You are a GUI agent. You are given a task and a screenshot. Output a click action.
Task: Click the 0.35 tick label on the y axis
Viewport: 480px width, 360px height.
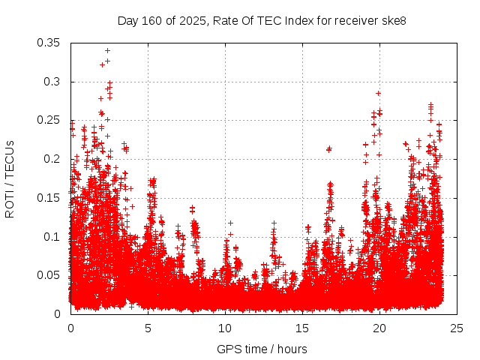[49, 43]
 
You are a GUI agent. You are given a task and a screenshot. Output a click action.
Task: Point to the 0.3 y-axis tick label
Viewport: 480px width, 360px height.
[52, 82]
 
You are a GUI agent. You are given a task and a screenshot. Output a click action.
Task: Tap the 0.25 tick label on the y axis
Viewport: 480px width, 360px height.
[49, 120]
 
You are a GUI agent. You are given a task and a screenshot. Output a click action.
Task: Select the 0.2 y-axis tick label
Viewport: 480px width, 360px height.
[52, 159]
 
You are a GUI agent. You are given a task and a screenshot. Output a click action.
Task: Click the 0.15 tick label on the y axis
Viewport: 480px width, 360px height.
[49, 198]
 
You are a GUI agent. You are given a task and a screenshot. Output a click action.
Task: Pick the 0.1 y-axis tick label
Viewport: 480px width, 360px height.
[52, 236]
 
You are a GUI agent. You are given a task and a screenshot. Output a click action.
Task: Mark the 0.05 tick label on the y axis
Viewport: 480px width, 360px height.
[49, 275]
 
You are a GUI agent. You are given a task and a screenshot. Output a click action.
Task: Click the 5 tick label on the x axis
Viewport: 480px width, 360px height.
[148, 328]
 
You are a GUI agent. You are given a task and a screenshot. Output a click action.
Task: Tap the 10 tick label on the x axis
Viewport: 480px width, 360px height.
[225, 328]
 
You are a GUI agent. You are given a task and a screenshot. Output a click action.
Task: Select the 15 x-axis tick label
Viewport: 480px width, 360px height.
[302, 328]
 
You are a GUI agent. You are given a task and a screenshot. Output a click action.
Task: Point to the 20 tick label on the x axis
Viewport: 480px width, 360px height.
[379, 328]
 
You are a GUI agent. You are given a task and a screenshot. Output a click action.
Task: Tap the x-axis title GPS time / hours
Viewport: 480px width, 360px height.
[262, 349]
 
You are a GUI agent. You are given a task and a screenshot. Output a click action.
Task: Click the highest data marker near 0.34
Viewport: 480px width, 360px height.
[108, 51]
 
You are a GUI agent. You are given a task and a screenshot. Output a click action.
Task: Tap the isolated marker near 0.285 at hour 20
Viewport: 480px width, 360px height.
[379, 94]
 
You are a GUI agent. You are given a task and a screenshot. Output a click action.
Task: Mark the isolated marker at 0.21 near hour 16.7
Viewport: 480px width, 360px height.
[328, 149]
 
